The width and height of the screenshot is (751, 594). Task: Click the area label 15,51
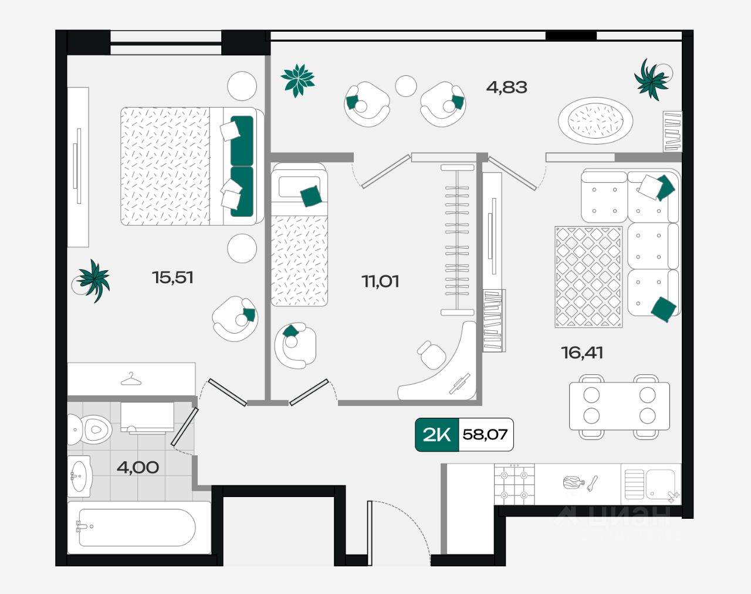click(x=172, y=277)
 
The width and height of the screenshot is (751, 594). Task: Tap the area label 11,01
click(x=380, y=281)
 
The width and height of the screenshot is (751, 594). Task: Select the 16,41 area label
click(x=581, y=353)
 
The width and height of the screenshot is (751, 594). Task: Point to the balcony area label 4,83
click(x=506, y=88)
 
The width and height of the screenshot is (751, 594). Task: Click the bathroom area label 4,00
click(x=137, y=468)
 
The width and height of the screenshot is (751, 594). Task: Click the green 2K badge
click(x=437, y=435)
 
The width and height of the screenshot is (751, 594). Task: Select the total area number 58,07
click(x=485, y=435)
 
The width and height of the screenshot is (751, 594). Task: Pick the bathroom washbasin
click(x=80, y=475)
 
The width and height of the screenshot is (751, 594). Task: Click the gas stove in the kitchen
click(x=515, y=485)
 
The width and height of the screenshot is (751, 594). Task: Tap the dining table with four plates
click(x=619, y=406)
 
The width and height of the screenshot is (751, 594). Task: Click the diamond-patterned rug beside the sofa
click(x=588, y=276)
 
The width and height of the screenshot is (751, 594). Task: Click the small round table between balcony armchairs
click(x=405, y=86)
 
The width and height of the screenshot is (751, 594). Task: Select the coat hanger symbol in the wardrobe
click(x=131, y=379)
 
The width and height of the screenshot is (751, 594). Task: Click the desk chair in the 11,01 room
click(x=432, y=354)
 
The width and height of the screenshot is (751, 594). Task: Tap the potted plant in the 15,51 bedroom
click(x=94, y=280)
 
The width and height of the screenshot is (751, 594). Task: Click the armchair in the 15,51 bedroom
click(x=235, y=319)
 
